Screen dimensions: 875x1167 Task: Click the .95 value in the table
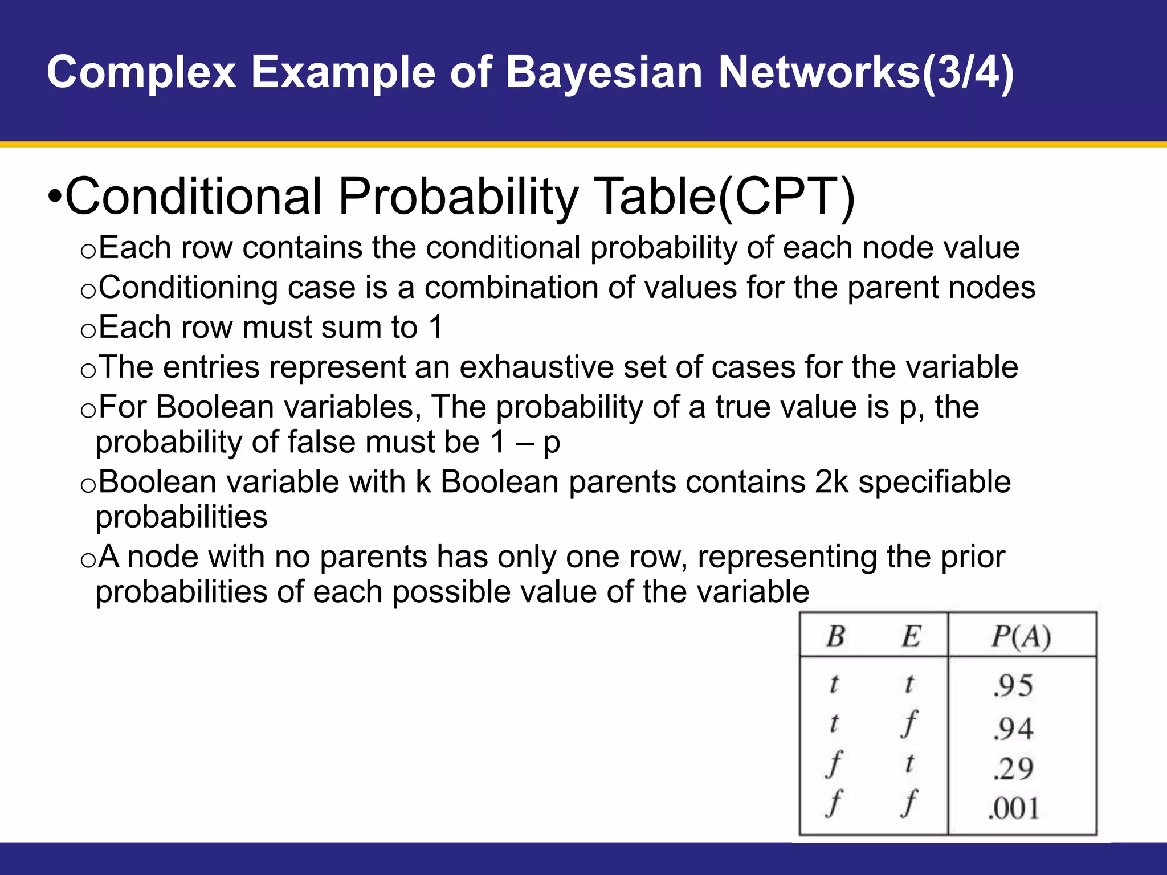pyautogui.click(x=1013, y=685)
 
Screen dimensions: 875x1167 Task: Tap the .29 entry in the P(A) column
pyautogui.click(x=1013, y=768)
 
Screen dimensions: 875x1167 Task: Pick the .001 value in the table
pyautogui.click(x=1013, y=808)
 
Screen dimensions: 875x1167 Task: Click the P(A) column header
pyautogui.click(x=1021, y=636)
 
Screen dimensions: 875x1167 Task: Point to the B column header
pyautogui.click(x=835, y=636)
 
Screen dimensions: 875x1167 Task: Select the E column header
pyautogui.click(x=911, y=636)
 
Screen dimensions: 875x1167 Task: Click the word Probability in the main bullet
pyautogui.click(x=459, y=197)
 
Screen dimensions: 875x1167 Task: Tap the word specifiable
pyautogui.click(x=935, y=482)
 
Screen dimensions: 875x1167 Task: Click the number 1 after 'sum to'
pyautogui.click(x=435, y=328)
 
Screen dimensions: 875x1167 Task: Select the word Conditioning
pyautogui.click(x=188, y=288)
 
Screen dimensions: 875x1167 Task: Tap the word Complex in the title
pyautogui.click(x=141, y=73)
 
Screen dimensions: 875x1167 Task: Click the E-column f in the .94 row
pyautogui.click(x=910, y=724)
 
